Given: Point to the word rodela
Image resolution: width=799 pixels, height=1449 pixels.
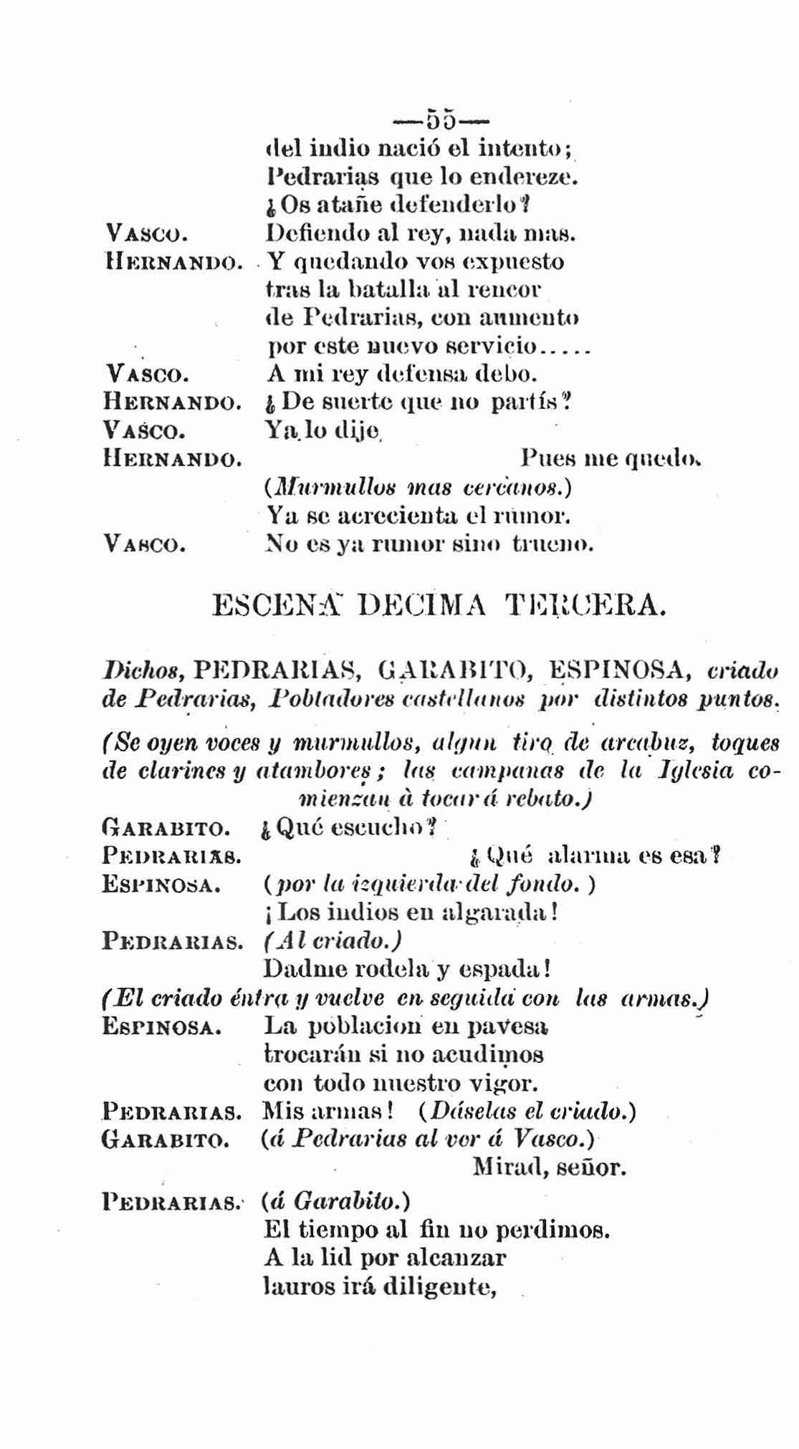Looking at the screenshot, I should pos(391,969).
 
